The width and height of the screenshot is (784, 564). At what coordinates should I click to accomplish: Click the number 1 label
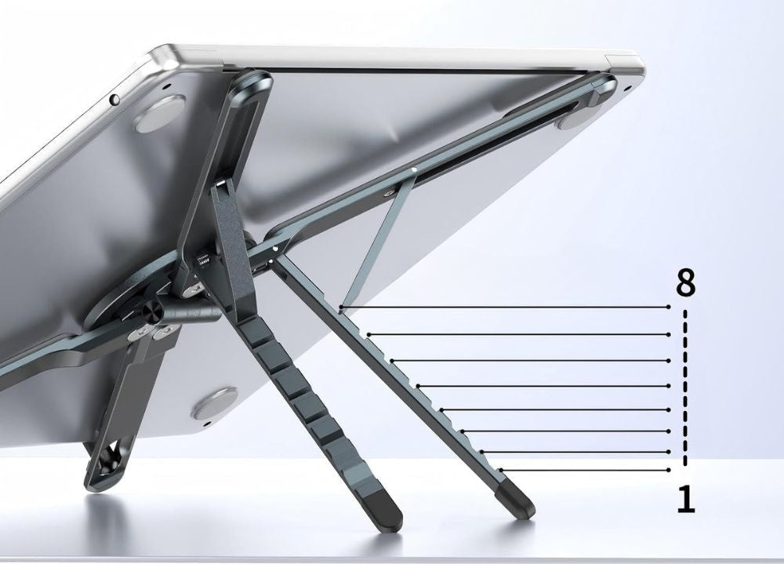[x=686, y=498]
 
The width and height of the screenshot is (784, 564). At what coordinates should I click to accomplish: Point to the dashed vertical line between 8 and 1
[x=685, y=388]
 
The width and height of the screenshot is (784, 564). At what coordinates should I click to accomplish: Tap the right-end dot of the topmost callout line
[x=669, y=307]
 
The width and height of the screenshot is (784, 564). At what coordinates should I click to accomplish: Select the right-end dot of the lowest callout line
[x=669, y=469]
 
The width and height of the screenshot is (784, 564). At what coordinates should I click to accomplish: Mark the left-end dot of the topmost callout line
[x=340, y=306]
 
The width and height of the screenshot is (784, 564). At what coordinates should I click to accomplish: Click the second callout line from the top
[x=518, y=334]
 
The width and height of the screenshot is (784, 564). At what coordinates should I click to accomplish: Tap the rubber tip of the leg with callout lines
[x=517, y=498]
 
